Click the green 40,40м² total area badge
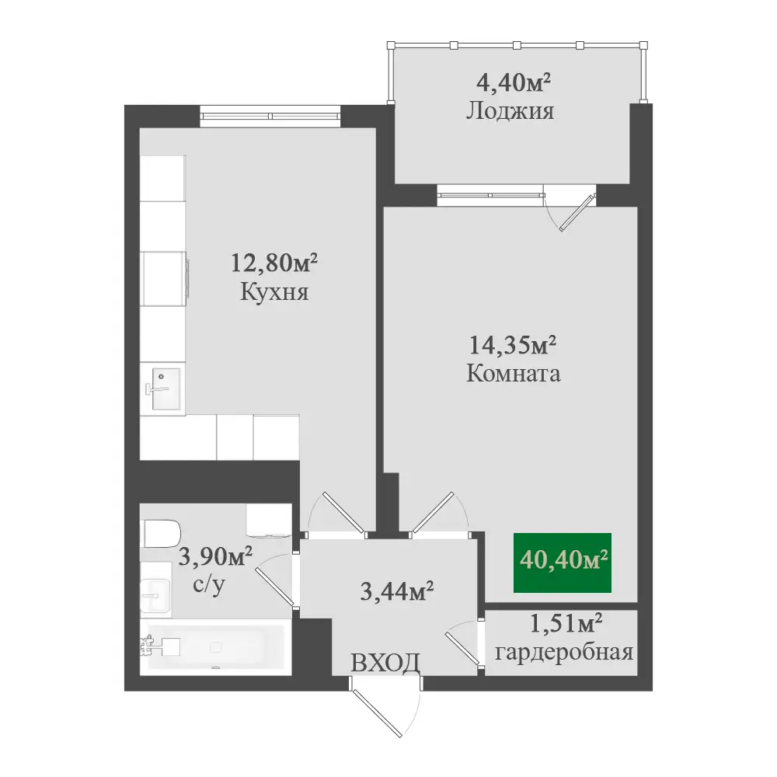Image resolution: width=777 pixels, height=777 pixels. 563,563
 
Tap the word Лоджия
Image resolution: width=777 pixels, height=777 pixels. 510,111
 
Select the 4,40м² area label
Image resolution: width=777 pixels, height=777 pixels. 514,82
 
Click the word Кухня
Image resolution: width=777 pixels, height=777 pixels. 274,291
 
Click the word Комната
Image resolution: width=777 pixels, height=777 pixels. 514,373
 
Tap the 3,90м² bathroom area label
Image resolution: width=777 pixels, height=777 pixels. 215,556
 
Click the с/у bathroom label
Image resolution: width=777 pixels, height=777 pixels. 208,585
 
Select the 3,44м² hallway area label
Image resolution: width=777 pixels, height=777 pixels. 397,591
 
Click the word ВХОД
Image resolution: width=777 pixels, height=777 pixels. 385,663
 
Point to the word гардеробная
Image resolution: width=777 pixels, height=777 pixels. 564,653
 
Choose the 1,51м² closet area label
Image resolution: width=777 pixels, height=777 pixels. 566,623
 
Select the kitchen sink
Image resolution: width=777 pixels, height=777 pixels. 165,388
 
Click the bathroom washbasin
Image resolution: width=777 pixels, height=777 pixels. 155,594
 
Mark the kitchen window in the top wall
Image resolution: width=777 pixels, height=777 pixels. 270,116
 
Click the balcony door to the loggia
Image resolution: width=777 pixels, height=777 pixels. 570,207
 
